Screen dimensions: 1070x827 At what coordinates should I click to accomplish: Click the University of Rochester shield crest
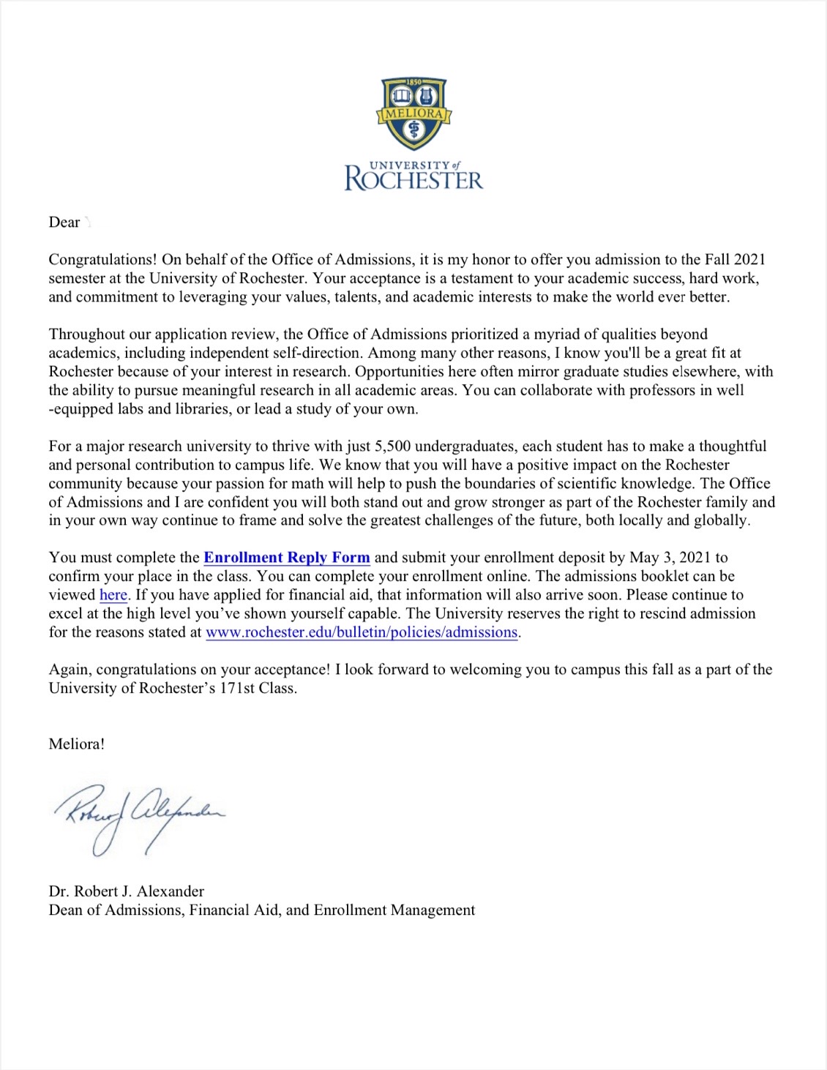point(413,113)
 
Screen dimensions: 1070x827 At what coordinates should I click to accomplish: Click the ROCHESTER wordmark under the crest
point(413,179)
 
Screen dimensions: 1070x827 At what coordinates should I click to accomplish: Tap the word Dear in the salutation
point(64,222)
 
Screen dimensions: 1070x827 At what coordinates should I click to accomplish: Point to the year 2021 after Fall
point(749,260)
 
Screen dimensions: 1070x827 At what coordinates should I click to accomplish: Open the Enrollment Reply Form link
point(286,558)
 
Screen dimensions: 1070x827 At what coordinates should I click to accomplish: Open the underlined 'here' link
point(113,595)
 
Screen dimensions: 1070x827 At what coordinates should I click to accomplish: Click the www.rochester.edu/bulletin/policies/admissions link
point(362,632)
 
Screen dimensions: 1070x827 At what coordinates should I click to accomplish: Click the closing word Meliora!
point(77,744)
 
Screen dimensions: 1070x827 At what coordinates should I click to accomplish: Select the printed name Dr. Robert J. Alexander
point(127,891)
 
